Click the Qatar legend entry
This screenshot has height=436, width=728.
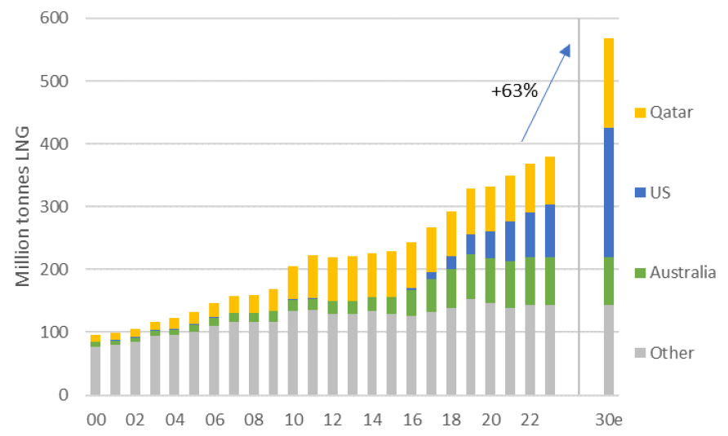662,112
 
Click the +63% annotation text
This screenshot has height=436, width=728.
514,91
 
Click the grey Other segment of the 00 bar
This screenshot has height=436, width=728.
95,371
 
